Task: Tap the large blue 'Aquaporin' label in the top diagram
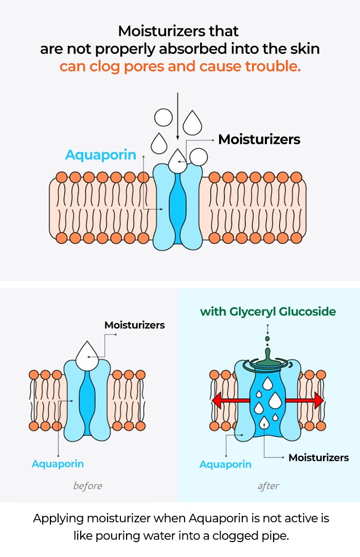[x=100, y=155]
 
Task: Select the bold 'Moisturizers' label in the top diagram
[x=259, y=139]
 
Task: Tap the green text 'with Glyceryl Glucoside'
[x=268, y=311]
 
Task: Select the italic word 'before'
[x=87, y=486]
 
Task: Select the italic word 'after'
[x=268, y=486]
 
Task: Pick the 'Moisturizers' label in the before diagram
[x=135, y=325]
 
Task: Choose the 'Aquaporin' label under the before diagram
[x=58, y=463]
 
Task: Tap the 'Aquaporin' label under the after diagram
[x=225, y=465]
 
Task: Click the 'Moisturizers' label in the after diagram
[x=318, y=457]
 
